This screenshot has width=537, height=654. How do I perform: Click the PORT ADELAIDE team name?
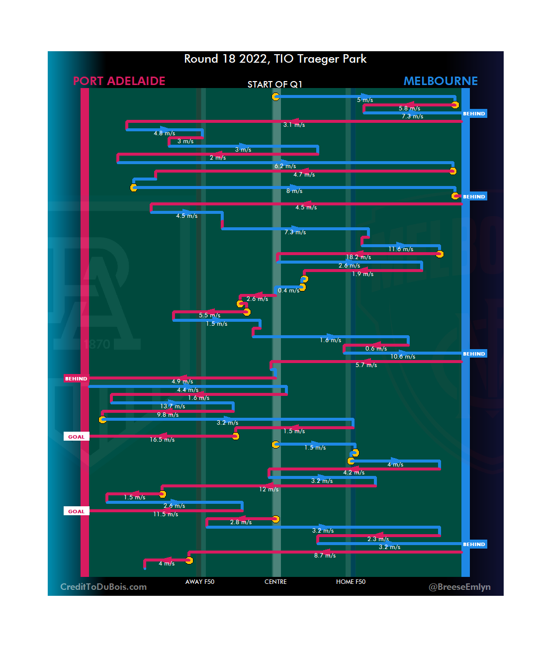(x=119, y=81)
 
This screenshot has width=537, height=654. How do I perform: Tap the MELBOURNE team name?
(x=440, y=81)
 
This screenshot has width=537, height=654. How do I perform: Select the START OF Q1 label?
(x=274, y=85)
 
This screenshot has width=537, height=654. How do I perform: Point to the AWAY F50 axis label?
(x=200, y=582)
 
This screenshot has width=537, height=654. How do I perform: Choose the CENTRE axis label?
(x=275, y=582)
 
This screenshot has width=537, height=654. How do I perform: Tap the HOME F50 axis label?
(x=351, y=582)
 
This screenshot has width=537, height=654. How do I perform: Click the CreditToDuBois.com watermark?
(x=103, y=587)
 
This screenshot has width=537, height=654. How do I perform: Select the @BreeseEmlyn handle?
(x=459, y=587)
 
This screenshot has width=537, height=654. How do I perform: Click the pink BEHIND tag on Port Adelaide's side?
(x=76, y=379)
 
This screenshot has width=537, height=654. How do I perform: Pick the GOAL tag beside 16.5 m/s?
(x=76, y=437)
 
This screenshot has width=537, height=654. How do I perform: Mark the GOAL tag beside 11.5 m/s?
(x=76, y=511)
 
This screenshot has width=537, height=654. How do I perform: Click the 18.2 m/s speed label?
(x=358, y=257)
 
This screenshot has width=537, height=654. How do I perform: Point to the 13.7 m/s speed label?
(x=173, y=406)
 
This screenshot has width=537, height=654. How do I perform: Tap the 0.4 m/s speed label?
(x=288, y=290)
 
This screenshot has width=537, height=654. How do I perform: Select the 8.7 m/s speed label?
(x=325, y=556)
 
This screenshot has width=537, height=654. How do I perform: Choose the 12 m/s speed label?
(x=268, y=489)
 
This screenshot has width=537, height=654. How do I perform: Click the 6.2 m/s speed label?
(x=285, y=166)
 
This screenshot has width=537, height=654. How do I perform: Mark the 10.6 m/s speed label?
(x=403, y=357)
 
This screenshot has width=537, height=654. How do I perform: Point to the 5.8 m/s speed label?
(x=409, y=108)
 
